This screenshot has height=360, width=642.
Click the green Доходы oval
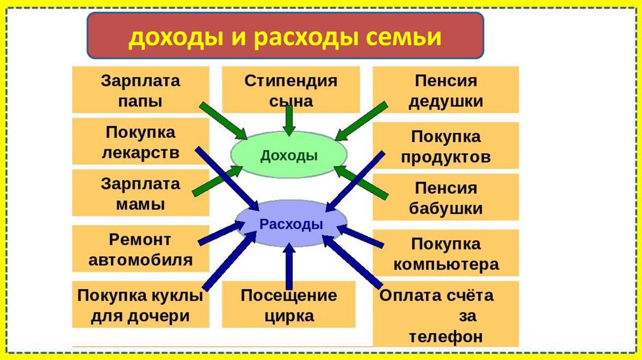pos(288,156)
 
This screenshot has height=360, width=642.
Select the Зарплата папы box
pos(140,90)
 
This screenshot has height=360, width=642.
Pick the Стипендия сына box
pos(290,90)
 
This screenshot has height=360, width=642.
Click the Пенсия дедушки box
pos(446,90)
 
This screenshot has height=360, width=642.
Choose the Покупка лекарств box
pos(140,142)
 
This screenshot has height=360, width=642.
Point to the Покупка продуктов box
pos(446,146)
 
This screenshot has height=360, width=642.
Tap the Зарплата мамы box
pos(140,194)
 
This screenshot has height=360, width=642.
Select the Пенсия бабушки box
pos(446,197)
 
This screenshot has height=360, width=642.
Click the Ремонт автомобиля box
pos(140,249)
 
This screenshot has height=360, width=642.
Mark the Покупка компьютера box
pos(446,253)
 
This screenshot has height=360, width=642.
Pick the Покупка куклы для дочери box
pos(140,305)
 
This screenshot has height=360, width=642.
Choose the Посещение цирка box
pos(288,305)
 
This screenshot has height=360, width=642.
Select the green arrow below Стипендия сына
pos(289,120)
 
